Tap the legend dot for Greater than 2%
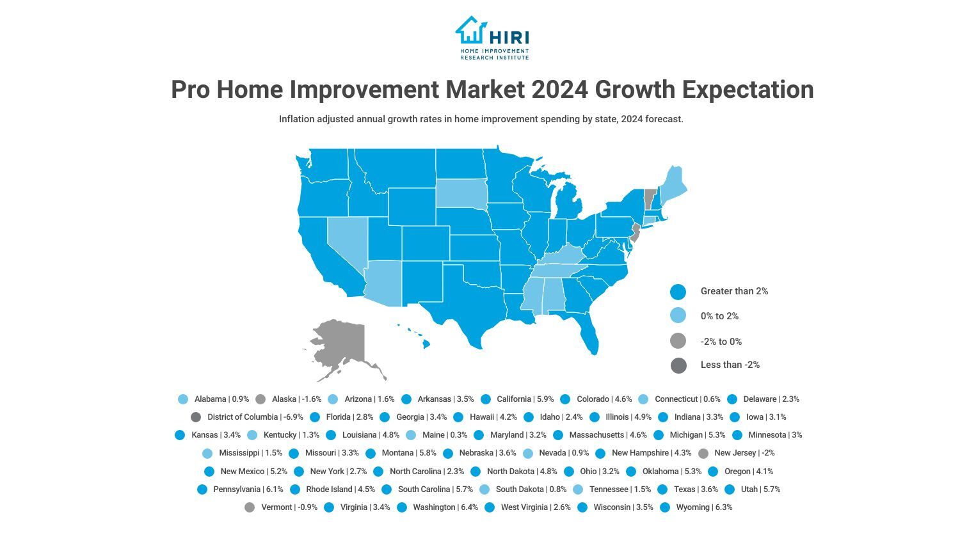pyautogui.click(x=678, y=292)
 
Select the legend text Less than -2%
pyautogui.click(x=730, y=365)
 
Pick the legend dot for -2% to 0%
pyautogui.click(x=678, y=341)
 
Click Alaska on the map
pyautogui.click(x=342, y=346)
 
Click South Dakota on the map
pyautogui.click(x=461, y=192)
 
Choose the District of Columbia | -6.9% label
pyautogui.click(x=255, y=417)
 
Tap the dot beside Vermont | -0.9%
pyautogui.click(x=250, y=507)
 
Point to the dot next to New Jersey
pyautogui.click(x=703, y=454)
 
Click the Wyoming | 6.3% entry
pyautogui.click(x=703, y=507)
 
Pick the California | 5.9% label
pyautogui.click(x=525, y=399)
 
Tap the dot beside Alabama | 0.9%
pyautogui.click(x=183, y=399)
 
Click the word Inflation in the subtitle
pyautogui.click(x=298, y=119)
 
